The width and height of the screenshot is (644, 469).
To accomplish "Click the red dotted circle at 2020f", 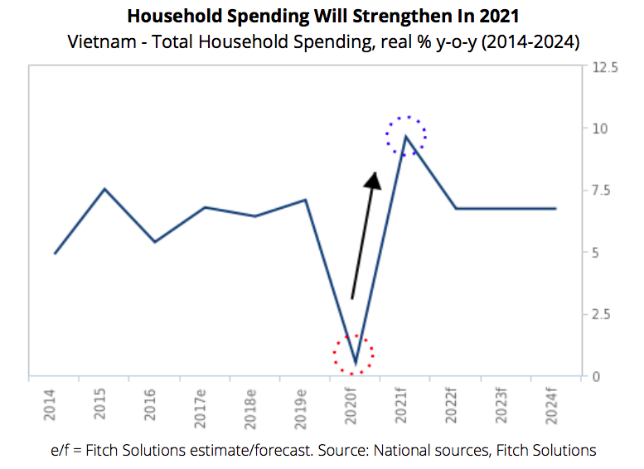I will (354, 355).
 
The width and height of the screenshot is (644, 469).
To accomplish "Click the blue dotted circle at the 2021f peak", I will (407, 136).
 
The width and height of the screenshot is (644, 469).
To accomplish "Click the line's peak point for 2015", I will (104, 189).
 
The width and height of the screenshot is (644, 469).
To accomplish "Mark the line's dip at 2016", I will (155, 242).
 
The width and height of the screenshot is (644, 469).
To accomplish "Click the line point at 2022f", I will (454, 209).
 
